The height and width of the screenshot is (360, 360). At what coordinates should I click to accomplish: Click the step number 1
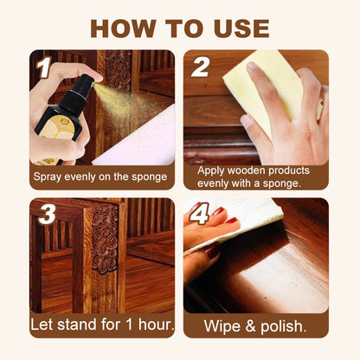(x=43, y=67)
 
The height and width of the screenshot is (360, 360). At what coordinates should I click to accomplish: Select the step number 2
(x=202, y=67)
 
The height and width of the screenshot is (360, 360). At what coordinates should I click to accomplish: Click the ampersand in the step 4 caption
(x=250, y=326)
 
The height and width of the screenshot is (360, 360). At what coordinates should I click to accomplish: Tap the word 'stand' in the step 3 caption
(x=80, y=326)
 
